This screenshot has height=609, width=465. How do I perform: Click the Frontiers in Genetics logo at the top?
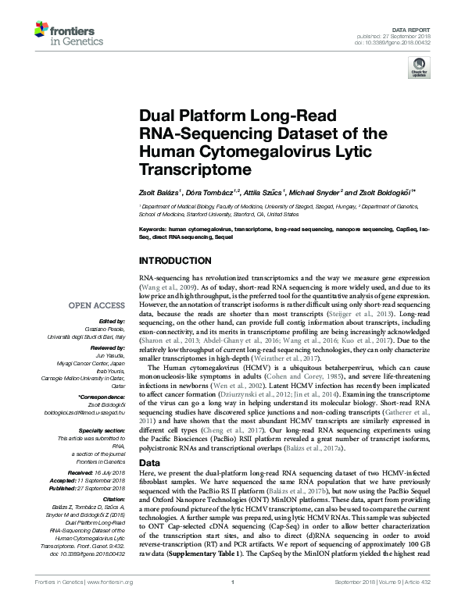pos(63,31)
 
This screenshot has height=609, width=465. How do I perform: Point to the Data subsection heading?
pos(148,462)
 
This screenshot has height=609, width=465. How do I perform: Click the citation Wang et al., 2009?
pos(165,287)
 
